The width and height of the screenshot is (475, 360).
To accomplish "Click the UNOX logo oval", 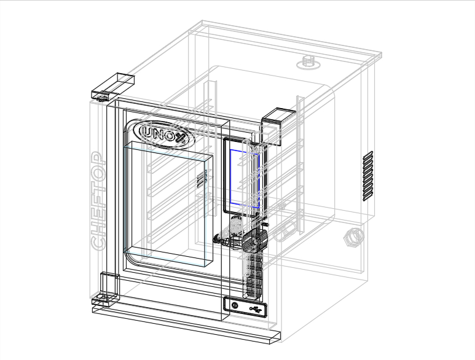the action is (166, 135).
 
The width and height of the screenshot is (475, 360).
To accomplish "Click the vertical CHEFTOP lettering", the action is (98, 202).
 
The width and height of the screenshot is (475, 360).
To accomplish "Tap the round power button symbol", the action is (235, 305).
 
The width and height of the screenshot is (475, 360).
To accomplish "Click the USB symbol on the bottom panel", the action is (256, 310).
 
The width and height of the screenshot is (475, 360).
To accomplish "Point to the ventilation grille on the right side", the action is (368, 176).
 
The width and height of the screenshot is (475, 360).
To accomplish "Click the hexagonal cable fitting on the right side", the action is (353, 237).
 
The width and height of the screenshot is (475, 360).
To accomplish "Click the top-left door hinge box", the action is (113, 86).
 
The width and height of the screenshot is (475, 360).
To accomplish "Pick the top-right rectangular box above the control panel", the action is (278, 127).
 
